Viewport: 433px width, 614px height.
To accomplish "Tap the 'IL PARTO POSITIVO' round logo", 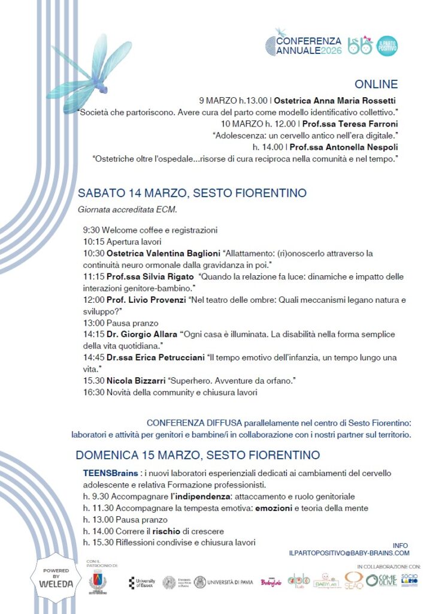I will pyautogui.click(x=387, y=46).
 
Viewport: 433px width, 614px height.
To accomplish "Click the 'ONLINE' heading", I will pyautogui.click(x=376, y=84).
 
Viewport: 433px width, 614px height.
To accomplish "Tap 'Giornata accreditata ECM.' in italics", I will pyautogui.click(x=128, y=210).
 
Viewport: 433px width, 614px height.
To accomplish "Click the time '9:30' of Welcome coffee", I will pyautogui.click(x=92, y=230).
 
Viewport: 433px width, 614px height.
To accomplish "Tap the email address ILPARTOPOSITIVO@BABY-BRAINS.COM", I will pyautogui.click(x=349, y=553).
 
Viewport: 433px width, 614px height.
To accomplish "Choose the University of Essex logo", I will pyautogui.click(x=142, y=583).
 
